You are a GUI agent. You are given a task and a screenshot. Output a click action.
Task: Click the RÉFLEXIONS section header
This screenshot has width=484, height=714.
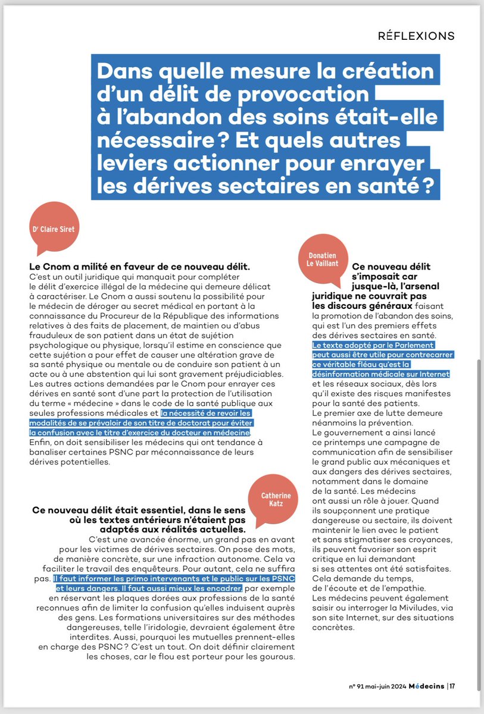coord(416,35)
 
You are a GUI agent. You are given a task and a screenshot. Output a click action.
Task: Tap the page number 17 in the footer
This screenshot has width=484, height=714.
coord(452,686)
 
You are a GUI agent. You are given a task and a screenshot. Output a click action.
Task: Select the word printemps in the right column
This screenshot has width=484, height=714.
coord(344,443)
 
